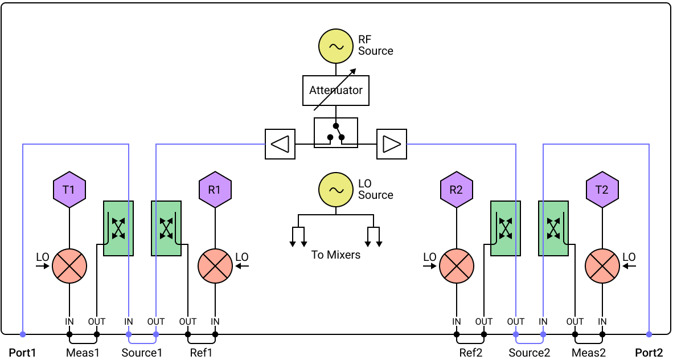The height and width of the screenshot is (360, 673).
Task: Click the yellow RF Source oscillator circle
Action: [335, 46]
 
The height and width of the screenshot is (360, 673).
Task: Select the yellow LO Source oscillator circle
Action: [335, 190]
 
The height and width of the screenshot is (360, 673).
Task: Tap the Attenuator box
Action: [335, 90]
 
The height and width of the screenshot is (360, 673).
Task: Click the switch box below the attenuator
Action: [335, 132]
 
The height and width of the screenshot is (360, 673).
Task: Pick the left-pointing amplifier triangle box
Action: [280, 144]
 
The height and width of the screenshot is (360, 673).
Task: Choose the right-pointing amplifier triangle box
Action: [391, 144]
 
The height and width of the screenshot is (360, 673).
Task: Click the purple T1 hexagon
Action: [69, 190]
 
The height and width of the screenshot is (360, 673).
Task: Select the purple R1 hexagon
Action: [215, 190]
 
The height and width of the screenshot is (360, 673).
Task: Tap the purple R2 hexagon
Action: [456, 190]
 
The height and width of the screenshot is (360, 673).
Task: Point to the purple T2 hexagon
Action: [602, 190]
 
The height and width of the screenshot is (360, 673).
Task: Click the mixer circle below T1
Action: [69, 266]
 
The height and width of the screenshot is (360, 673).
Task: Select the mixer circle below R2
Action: [456, 266]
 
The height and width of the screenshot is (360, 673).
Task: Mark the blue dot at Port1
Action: [22, 334]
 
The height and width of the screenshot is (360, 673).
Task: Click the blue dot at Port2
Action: [649, 334]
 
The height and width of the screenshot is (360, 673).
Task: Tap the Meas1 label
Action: [83, 353]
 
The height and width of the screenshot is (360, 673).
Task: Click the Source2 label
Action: [529, 353]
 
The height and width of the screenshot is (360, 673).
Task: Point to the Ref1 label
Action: [202, 353]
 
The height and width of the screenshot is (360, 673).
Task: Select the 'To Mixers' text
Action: [335, 255]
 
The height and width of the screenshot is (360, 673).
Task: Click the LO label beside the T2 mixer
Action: [629, 257]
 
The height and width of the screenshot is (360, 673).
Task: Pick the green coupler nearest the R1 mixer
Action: [166, 228]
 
